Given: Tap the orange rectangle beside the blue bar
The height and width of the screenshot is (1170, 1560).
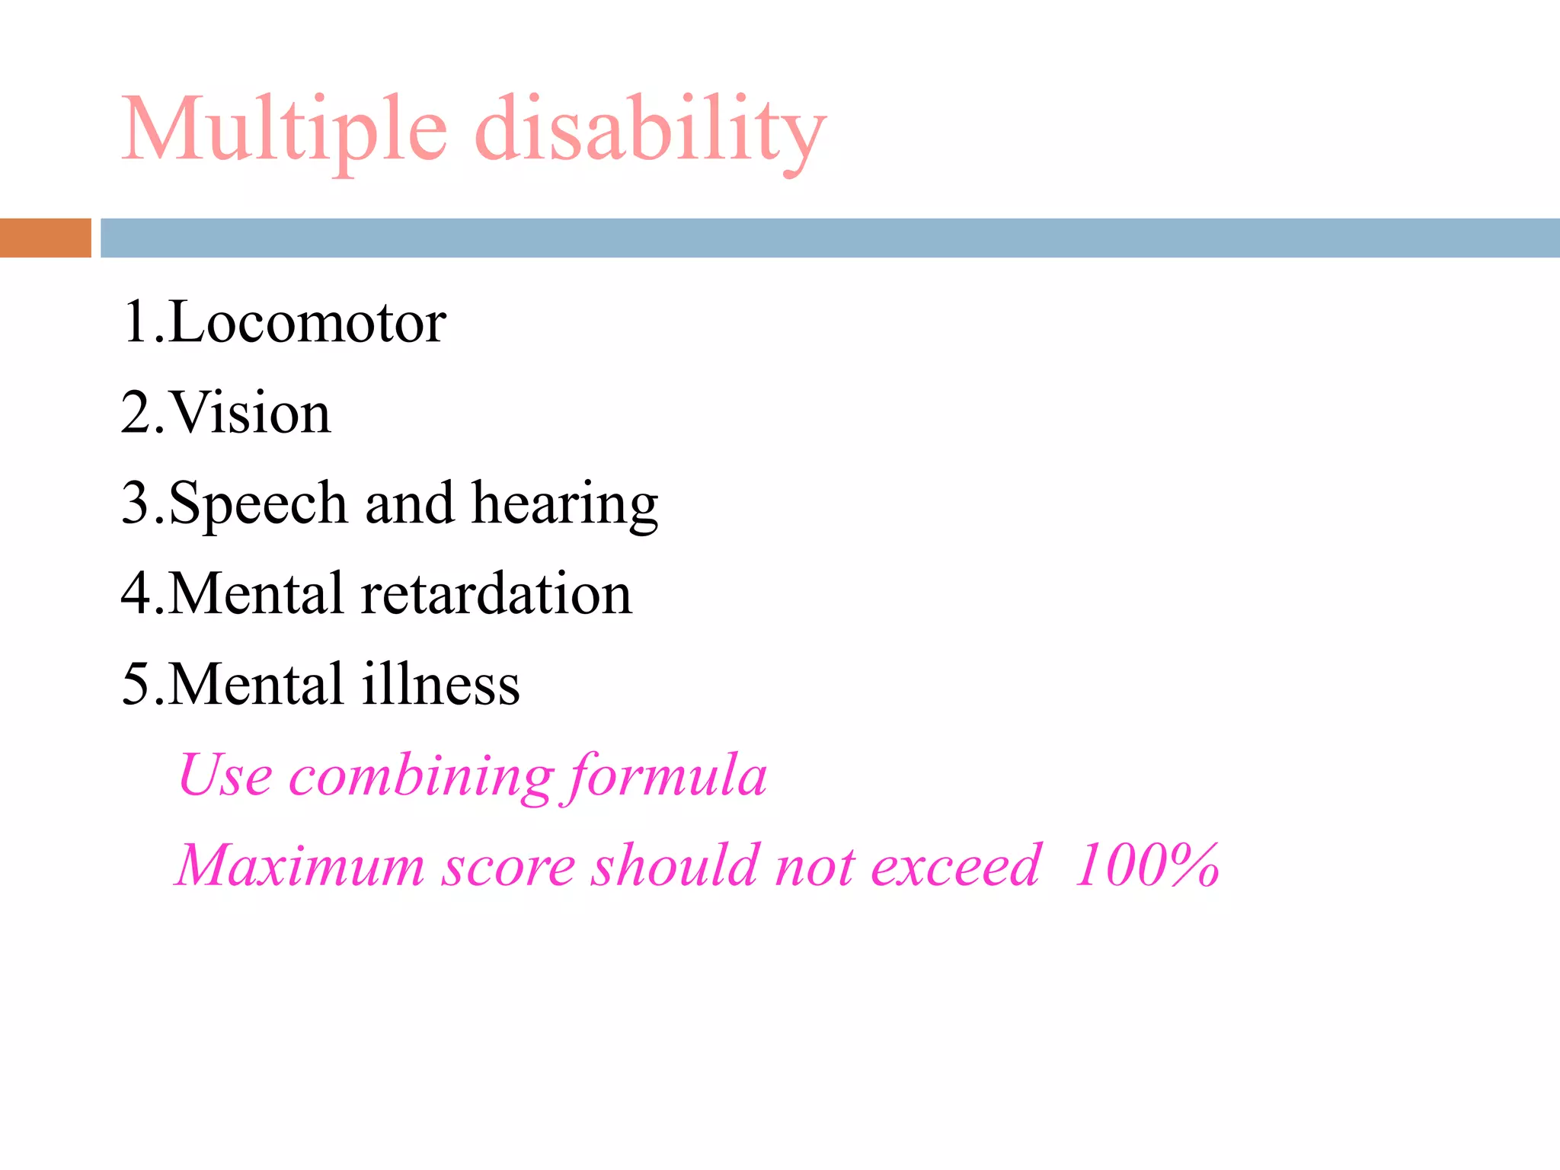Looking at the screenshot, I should (x=45, y=238).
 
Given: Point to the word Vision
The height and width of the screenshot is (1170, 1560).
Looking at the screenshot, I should (x=250, y=414).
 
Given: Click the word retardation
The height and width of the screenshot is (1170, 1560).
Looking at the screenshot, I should (x=496, y=594).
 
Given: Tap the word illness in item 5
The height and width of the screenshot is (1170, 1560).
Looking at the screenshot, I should (x=440, y=684).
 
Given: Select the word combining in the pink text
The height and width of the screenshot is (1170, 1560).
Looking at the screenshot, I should (x=421, y=776).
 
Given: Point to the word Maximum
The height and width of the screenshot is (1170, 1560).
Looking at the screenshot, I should (x=299, y=866).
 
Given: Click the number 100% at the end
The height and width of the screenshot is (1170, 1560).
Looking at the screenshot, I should (x=1146, y=866).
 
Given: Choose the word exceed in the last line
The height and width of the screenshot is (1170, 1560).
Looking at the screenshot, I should (x=955, y=866).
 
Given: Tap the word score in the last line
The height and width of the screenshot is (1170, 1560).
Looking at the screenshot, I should (x=508, y=866).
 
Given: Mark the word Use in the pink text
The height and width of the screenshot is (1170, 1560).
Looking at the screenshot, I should (x=225, y=776).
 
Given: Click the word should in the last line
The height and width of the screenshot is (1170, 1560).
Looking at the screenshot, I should (x=676, y=866).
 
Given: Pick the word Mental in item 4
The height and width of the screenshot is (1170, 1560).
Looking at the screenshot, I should (x=256, y=594).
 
